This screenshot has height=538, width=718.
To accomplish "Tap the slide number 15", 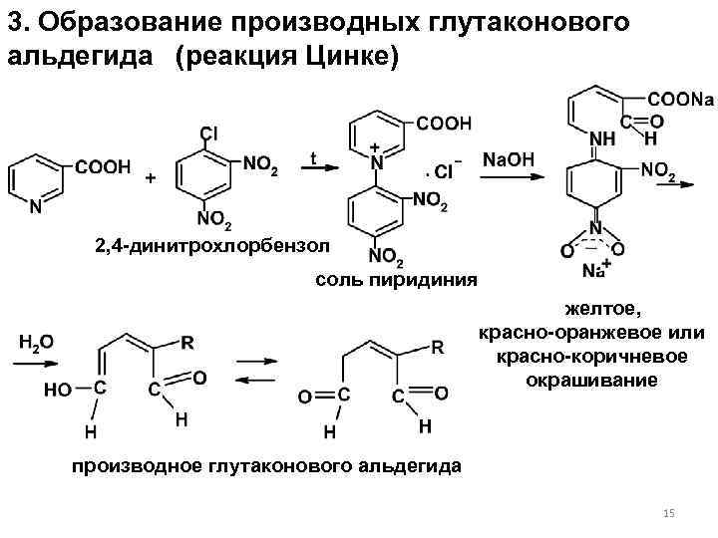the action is (669, 513).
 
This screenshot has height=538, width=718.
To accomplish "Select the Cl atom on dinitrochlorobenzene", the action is (208, 133).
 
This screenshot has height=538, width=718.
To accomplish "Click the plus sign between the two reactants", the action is (151, 178).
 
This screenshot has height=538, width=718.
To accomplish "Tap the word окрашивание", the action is (590, 381).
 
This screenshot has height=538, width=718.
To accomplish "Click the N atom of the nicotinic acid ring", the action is (36, 208).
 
